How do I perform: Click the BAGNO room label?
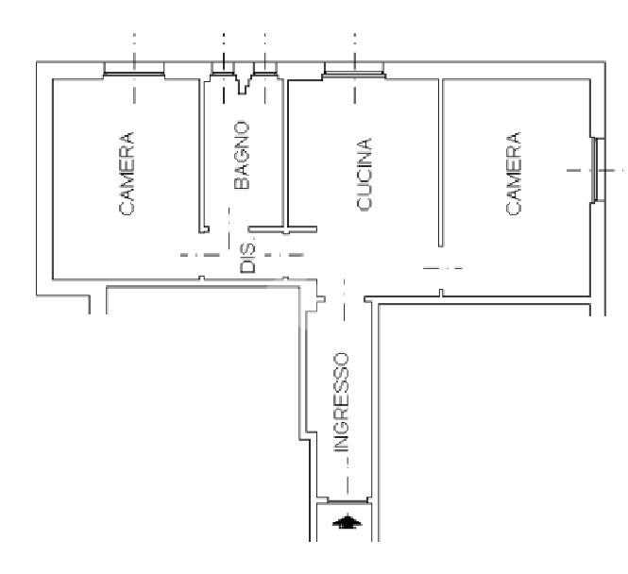pos(242,155)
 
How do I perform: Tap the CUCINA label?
pos(365,174)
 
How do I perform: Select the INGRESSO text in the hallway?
pos(342,402)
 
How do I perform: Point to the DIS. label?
pos(247,258)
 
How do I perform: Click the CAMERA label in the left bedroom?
pos(127,174)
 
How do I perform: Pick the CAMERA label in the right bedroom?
pos(514,174)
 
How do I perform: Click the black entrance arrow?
pos(348,521)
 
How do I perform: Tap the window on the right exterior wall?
pos(598,170)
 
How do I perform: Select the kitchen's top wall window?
pos(354,71)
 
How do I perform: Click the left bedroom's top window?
pos(134,71)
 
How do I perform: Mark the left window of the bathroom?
pos(223,69)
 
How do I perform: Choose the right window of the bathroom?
pos(265,69)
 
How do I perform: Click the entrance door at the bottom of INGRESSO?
pos(348,500)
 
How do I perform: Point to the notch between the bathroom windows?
pos(242,83)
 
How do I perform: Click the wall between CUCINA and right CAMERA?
pos(441,162)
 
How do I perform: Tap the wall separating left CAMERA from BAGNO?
pos(201,156)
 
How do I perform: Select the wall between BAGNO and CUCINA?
pos(286,154)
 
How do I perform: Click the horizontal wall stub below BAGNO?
pos(282,229)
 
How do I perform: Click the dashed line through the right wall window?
pos(596,170)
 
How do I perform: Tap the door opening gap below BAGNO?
pos(229,229)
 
